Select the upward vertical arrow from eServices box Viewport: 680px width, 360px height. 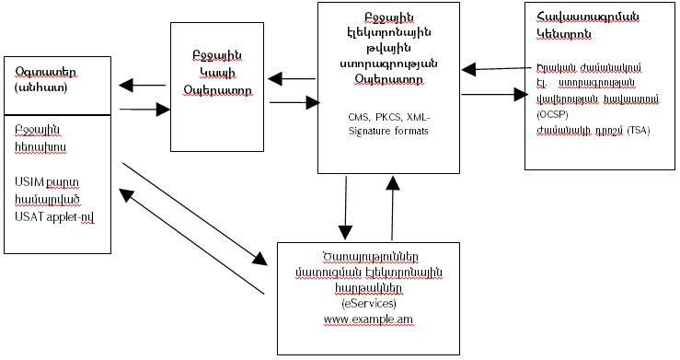pos(394,207)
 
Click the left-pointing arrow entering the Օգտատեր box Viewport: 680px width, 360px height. pos(145,87)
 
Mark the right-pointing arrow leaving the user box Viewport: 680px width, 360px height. pos(144,110)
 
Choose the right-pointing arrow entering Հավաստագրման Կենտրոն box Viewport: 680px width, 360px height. pos(491,93)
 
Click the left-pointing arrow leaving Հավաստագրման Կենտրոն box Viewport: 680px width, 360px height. pos(493,67)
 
